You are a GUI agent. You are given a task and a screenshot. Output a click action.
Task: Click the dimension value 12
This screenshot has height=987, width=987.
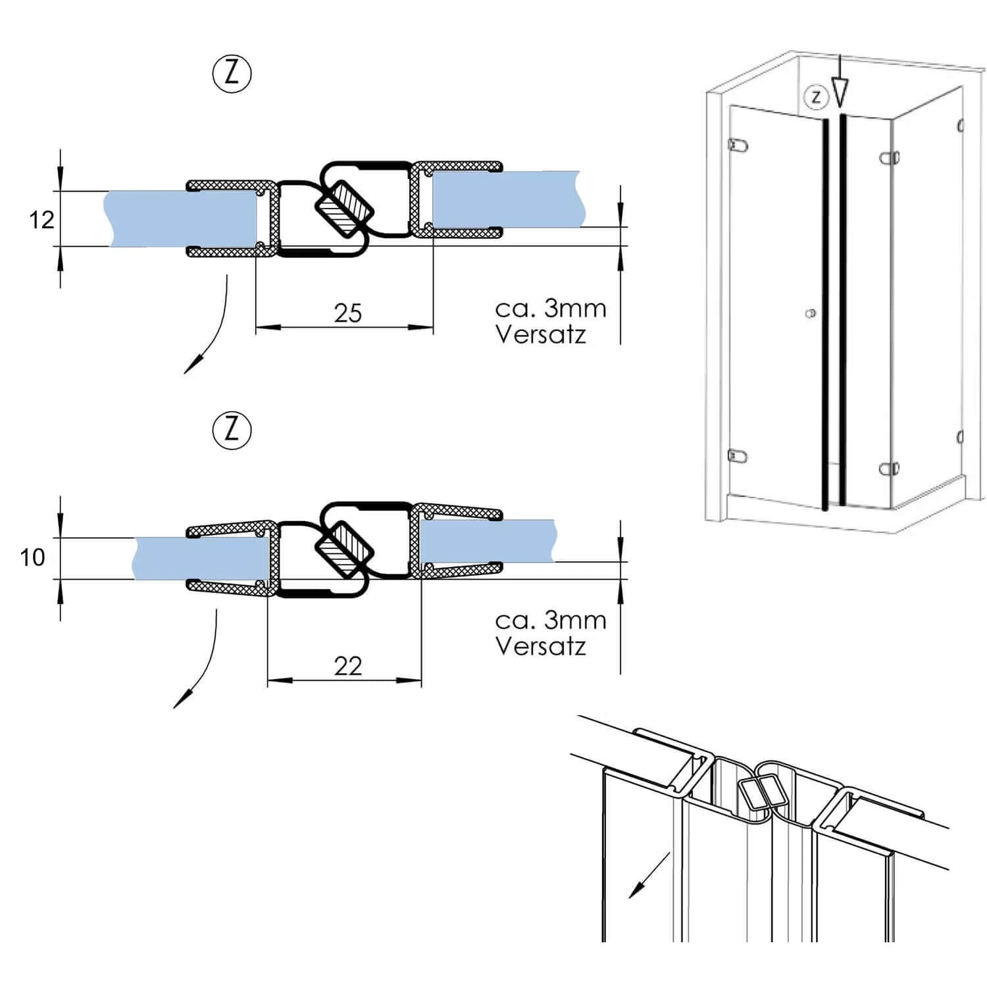[x=41, y=219]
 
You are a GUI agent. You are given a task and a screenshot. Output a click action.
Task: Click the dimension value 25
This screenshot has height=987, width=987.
[x=347, y=313]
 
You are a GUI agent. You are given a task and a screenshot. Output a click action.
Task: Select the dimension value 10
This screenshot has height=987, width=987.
[x=32, y=557]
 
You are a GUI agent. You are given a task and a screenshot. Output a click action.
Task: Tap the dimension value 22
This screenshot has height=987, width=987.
[x=347, y=667]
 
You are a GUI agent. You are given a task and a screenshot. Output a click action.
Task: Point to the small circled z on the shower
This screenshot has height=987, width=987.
[x=816, y=97]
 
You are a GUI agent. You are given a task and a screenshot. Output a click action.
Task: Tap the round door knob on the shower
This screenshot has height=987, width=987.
[x=811, y=313]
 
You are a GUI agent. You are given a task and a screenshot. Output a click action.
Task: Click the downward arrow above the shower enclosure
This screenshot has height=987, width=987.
[x=840, y=89]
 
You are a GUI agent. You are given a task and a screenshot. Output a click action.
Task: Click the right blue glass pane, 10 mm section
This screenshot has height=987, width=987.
[x=487, y=541]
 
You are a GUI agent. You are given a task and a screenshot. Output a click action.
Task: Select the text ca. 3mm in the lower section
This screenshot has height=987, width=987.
[x=550, y=620]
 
